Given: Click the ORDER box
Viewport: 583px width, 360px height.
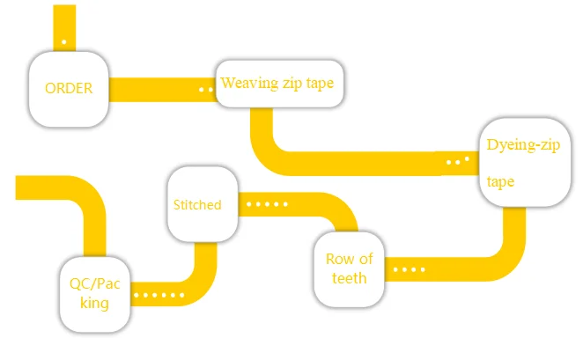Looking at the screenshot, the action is pyautogui.click(x=69, y=88).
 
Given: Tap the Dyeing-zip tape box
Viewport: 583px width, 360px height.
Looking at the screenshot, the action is pyautogui.click(x=524, y=162).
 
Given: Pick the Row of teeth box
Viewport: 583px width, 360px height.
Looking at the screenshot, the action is pyautogui.click(x=350, y=268).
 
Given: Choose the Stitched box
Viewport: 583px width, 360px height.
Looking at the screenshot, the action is pyautogui.click(x=197, y=203).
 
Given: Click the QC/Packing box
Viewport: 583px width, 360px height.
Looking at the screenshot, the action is pyautogui.click(x=96, y=293).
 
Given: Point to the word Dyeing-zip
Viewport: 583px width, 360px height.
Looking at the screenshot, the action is pyautogui.click(x=523, y=144).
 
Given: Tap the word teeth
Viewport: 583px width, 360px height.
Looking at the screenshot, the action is pyautogui.click(x=350, y=278).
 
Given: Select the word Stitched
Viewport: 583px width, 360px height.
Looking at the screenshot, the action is pyautogui.click(x=197, y=204).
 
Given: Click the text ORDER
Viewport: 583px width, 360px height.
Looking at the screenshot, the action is pyautogui.click(x=69, y=88).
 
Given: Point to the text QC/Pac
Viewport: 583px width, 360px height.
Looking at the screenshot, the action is pyautogui.click(x=95, y=283).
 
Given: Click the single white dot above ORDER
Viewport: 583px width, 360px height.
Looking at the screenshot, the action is pyautogui.click(x=63, y=41).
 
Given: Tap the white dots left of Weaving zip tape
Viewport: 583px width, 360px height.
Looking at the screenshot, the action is pyautogui.click(x=206, y=89).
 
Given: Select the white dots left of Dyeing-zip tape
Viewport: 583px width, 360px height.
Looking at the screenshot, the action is pyautogui.click(x=457, y=162).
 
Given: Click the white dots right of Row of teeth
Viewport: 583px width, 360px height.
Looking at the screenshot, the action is pyautogui.click(x=402, y=269).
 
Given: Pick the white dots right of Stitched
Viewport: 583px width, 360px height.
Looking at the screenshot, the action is pyautogui.click(x=267, y=204).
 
